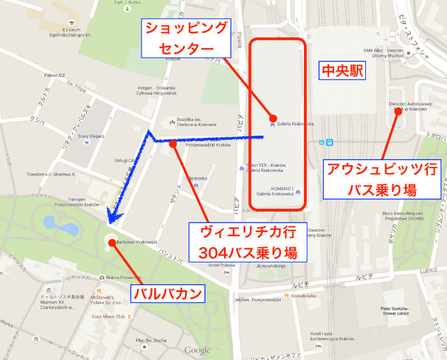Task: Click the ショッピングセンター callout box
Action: pos(184,38)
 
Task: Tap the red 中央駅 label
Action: pos(342,71)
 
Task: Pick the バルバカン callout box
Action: pos(168,294)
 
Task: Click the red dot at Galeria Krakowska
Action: pos(273,118)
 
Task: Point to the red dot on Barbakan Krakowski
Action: pos(112,243)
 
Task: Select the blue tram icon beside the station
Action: pos(329,142)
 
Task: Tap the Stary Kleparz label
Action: pos(91,137)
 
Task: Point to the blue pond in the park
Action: pos(50,222)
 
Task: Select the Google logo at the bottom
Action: pos(197,350)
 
